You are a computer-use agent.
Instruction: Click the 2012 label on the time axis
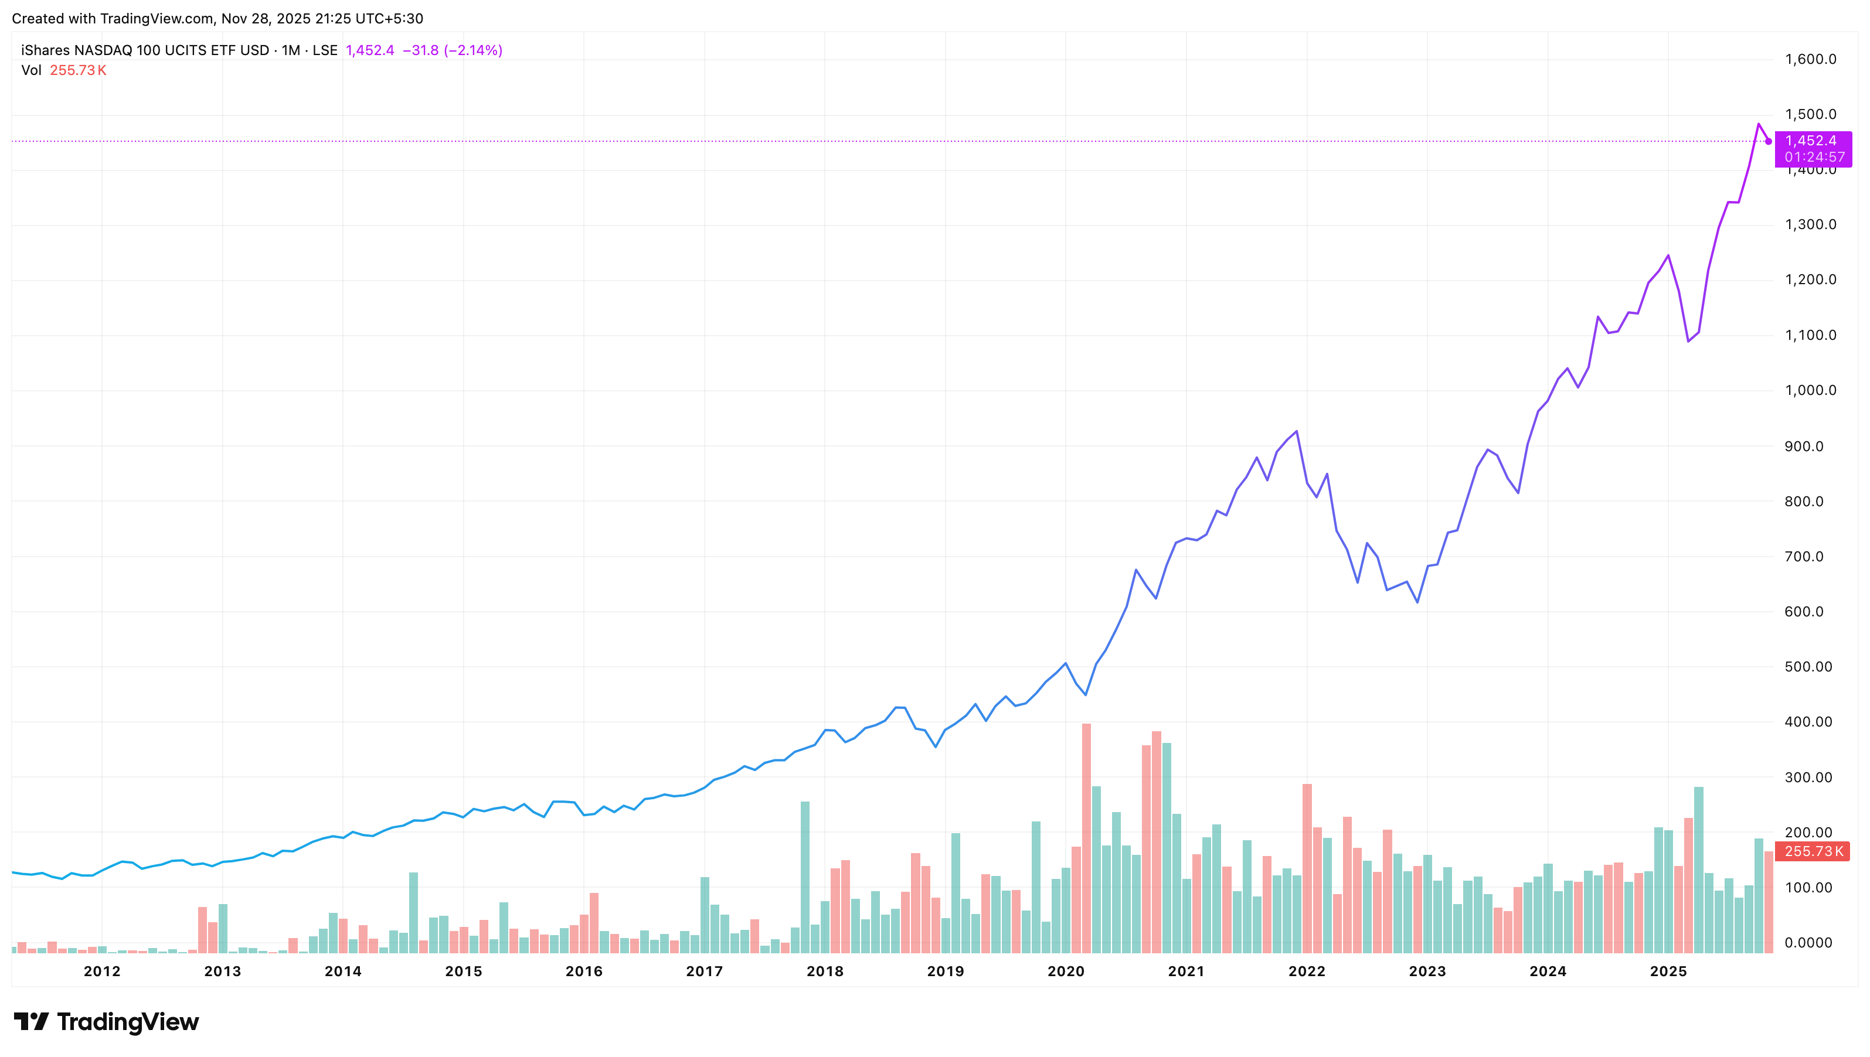[x=101, y=971]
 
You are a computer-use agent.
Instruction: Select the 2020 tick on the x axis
[x=1065, y=971]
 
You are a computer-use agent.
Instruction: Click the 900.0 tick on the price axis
[x=1804, y=446]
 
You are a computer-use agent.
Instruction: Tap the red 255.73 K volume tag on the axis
[x=1812, y=851]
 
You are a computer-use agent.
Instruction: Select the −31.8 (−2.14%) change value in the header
[x=452, y=50]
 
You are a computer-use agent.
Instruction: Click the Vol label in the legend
[x=31, y=70]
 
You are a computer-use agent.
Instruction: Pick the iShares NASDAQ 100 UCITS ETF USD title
[x=145, y=50]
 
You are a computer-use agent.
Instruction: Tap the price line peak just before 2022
[x=1296, y=431]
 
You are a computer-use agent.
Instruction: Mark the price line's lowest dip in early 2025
[x=1688, y=341]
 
